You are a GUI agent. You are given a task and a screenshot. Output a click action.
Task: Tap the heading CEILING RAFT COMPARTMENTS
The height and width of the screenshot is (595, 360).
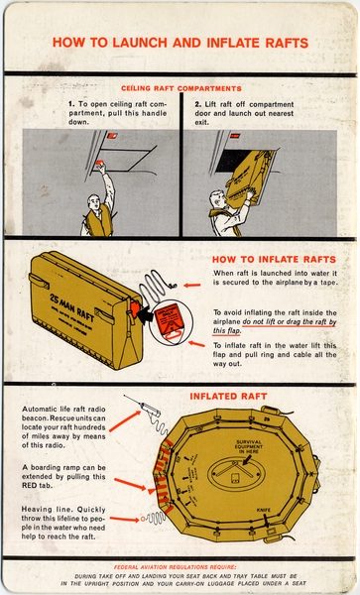click(180, 88)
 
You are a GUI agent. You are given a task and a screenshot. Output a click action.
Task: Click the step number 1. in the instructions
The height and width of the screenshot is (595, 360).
click(71, 103)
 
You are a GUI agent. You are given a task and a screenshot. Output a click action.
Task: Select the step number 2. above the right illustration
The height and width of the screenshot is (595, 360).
click(198, 103)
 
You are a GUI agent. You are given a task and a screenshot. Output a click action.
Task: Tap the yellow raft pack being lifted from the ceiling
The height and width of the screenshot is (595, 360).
click(246, 178)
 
